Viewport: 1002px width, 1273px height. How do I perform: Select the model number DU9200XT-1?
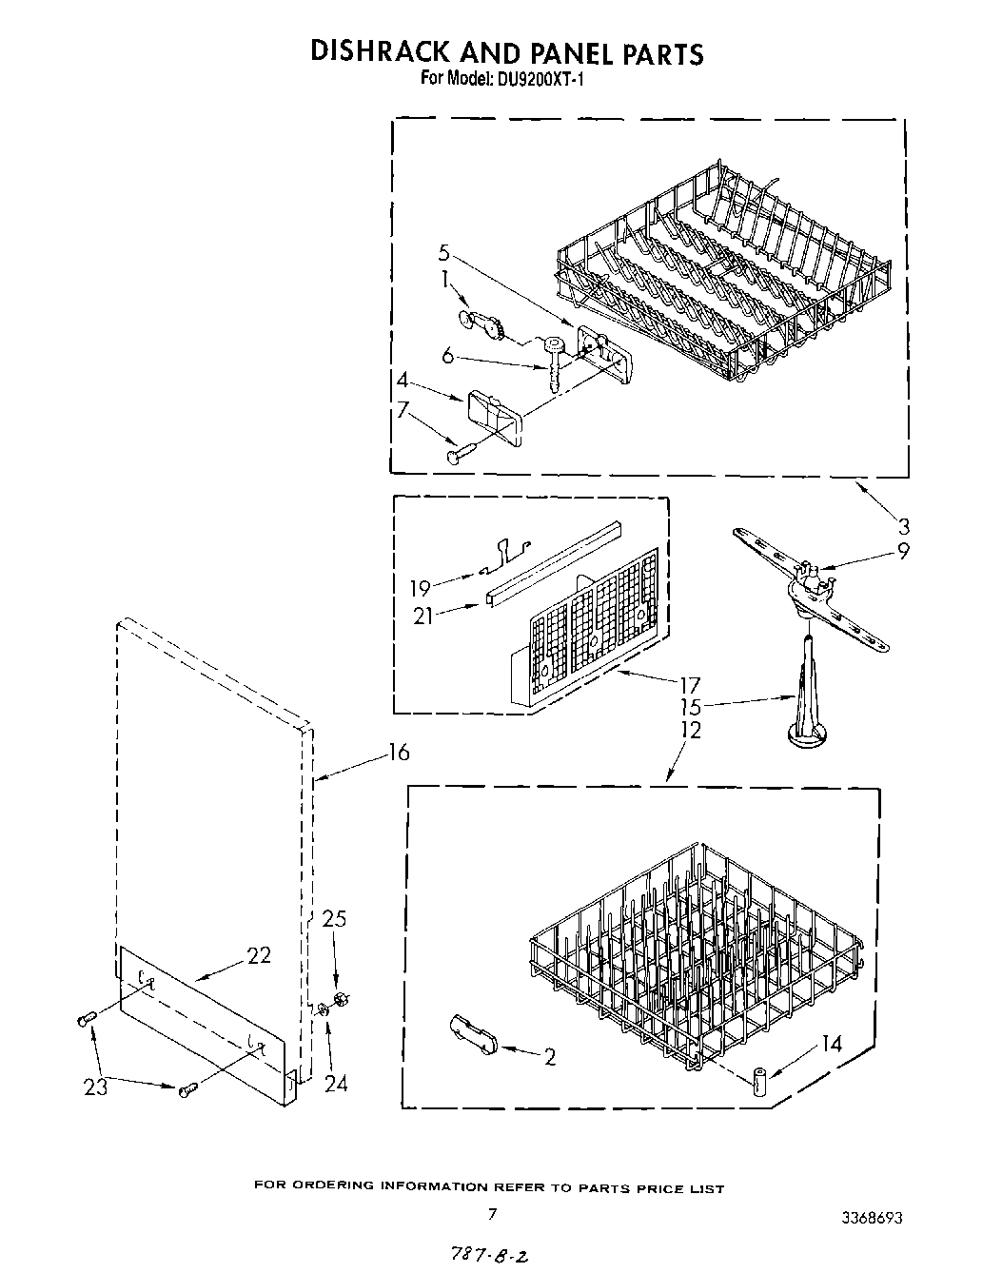click(539, 81)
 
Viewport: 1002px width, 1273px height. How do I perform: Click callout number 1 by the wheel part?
click(443, 281)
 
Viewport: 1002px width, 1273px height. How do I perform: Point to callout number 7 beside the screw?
click(403, 411)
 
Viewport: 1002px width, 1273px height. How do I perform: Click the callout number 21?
click(423, 616)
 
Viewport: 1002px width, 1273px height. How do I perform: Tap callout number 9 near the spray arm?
click(902, 550)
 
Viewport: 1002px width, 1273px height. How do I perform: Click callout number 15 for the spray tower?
click(691, 708)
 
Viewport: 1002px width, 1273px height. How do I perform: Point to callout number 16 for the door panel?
click(398, 753)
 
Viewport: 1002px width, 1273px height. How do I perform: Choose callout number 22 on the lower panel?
click(259, 955)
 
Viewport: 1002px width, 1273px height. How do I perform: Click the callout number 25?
click(334, 919)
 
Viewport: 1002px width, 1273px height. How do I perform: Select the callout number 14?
click(831, 1044)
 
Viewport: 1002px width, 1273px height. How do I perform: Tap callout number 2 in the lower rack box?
click(550, 1057)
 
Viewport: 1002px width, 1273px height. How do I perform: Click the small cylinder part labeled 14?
click(759, 1082)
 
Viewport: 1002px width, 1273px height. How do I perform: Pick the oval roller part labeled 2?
click(472, 1033)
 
